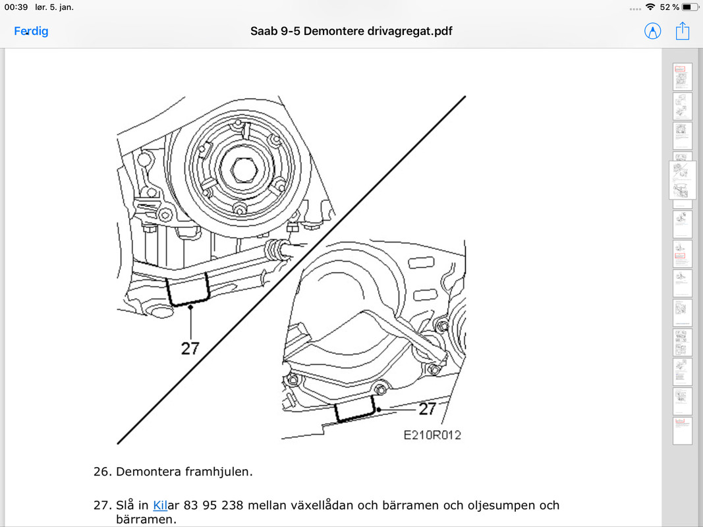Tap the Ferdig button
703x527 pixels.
point(31,31)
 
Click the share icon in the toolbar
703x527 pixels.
point(682,30)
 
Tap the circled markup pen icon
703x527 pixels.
point(652,31)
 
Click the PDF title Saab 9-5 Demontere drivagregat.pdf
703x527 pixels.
point(351,31)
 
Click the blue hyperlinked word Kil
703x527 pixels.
point(160,505)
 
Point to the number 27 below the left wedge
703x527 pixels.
point(190,348)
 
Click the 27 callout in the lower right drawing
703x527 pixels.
point(428,409)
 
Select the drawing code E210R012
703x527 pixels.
point(432,435)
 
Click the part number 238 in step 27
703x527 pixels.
point(233,505)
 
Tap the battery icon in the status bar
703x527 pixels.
point(689,7)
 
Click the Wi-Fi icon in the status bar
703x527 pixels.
point(650,7)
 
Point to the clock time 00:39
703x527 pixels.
point(16,7)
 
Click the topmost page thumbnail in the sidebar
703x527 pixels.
point(682,77)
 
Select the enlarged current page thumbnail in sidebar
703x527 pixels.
point(682,180)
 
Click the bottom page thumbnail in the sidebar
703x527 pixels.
point(682,430)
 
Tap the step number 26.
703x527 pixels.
point(101,472)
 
